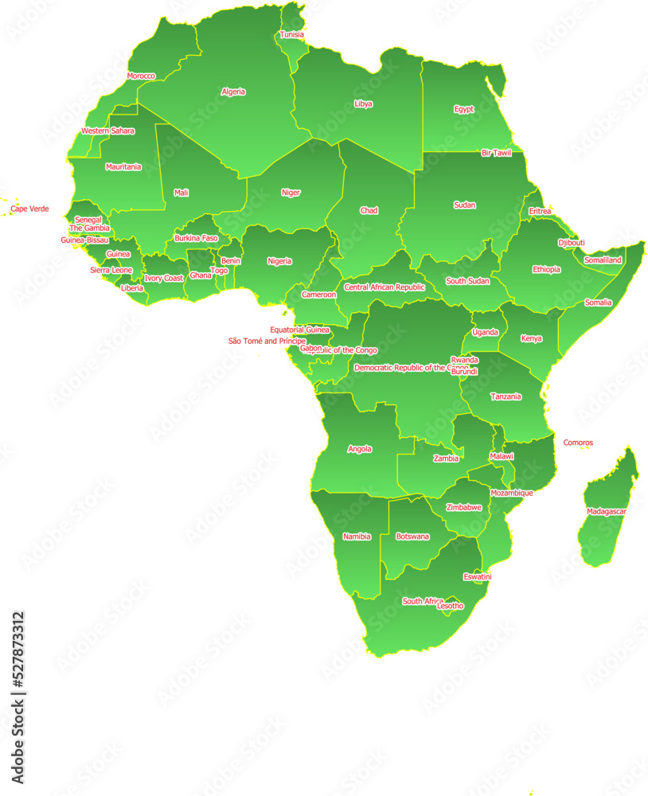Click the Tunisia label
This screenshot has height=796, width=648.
coord(291,35)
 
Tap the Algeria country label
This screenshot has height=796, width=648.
coord(233,92)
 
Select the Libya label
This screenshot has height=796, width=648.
coord(363,104)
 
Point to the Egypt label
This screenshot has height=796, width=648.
coord(463,109)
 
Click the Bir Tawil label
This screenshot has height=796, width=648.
coord(496,153)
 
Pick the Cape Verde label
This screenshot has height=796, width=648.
coord(29,209)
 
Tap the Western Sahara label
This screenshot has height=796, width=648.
coord(107,131)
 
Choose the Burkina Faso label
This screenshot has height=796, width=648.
coord(196,238)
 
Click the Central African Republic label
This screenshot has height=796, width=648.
coord(385,287)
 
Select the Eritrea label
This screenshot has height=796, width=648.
coord(540,212)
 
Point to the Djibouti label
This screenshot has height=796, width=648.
coord(571,243)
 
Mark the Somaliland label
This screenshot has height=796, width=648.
coord(603,260)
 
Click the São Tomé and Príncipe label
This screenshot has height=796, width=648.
coord(267,341)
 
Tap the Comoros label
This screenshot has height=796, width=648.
coord(578,443)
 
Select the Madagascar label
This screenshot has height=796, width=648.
coord(607,511)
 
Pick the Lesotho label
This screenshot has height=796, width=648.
coord(450,607)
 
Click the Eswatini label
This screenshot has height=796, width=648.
coord(477,576)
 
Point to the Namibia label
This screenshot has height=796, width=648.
coord(357,537)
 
